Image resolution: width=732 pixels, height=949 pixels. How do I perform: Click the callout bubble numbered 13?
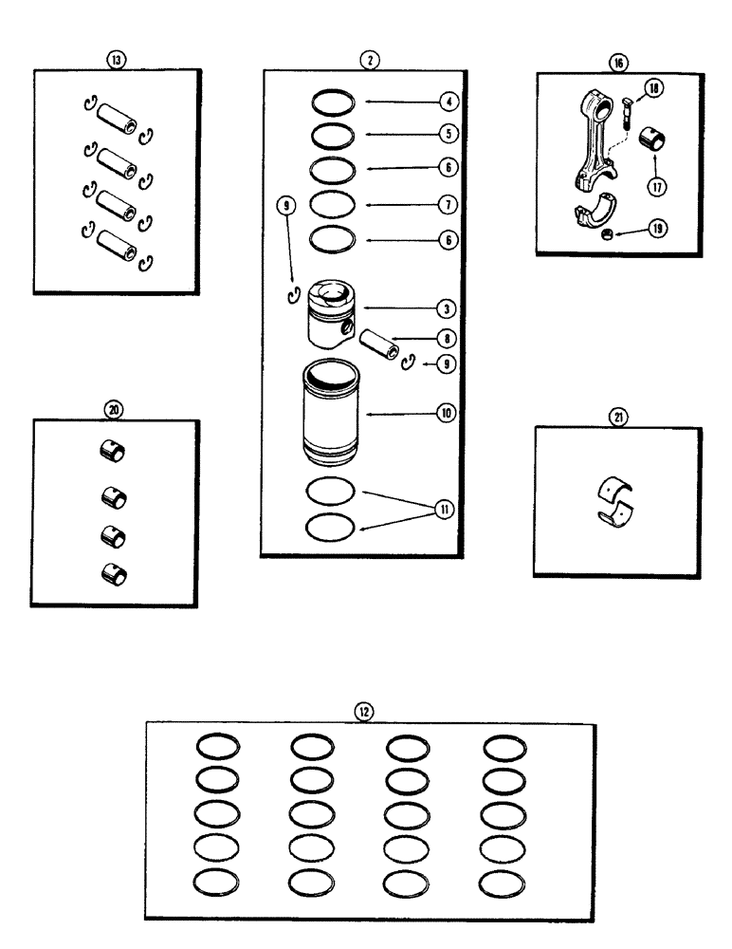coord(116,60)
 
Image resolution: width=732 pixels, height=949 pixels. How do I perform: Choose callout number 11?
coord(443,508)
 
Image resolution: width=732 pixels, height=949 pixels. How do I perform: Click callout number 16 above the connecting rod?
coord(618,64)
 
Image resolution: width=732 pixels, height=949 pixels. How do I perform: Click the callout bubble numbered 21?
coord(618,416)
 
